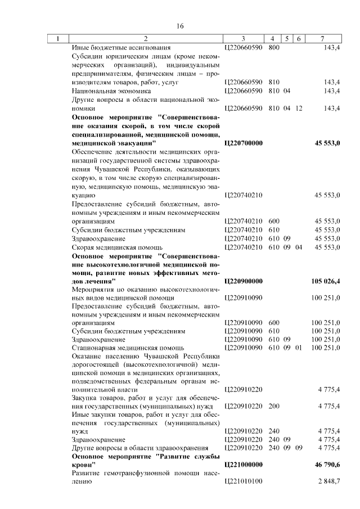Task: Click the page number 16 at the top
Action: tap(180, 26)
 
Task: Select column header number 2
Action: tap(146, 39)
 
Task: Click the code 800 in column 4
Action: tap(274, 48)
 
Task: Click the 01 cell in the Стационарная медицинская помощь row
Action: tap(298, 348)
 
